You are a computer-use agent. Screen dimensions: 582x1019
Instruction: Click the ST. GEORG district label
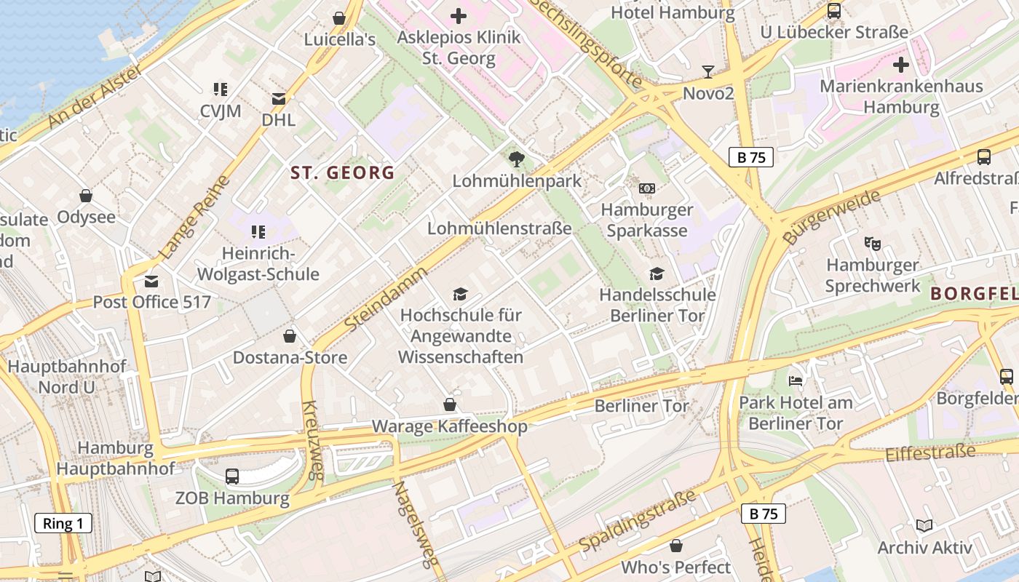click(x=342, y=172)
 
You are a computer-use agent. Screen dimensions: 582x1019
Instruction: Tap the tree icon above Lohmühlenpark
click(x=517, y=159)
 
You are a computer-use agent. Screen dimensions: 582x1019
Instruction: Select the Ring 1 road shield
click(x=63, y=523)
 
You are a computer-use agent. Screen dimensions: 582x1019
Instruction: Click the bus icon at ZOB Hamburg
click(x=232, y=477)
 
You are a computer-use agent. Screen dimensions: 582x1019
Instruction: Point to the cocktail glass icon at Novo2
click(x=707, y=71)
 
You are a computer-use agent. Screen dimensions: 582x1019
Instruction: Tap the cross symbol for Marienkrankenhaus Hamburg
click(x=901, y=65)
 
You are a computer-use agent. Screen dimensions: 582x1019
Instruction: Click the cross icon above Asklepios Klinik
click(x=459, y=15)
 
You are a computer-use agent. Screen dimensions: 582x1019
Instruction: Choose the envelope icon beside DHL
click(x=279, y=98)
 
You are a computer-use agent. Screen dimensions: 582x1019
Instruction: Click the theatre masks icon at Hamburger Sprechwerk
click(x=872, y=243)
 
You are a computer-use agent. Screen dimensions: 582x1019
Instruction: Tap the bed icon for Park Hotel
click(x=796, y=380)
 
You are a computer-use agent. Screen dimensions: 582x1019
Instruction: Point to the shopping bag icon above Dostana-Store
click(x=290, y=335)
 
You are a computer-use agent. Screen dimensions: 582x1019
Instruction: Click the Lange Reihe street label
click(x=188, y=218)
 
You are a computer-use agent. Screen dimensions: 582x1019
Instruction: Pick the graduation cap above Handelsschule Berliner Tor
click(x=657, y=274)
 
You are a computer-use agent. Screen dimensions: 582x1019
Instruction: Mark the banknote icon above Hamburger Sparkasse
click(x=646, y=188)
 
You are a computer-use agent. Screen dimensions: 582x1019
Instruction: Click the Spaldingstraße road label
click(x=638, y=522)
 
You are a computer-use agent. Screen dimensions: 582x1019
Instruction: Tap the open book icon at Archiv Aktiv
click(x=924, y=526)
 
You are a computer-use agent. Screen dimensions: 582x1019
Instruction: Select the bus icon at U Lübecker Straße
click(x=834, y=11)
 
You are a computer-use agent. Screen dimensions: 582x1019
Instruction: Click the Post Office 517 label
click(x=151, y=302)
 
